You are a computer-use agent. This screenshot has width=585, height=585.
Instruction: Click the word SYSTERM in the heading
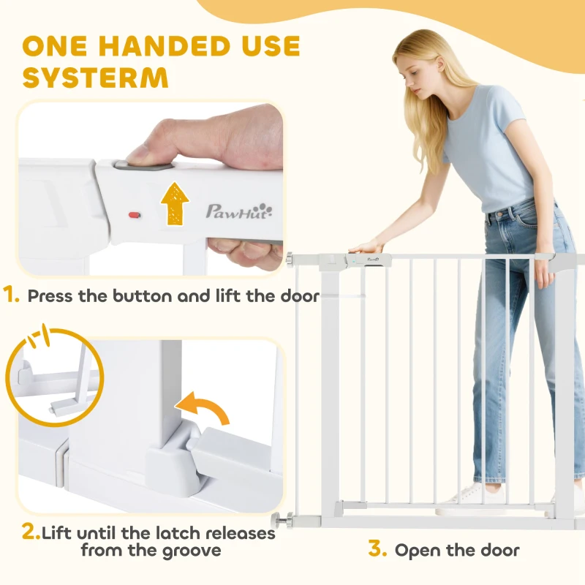96,78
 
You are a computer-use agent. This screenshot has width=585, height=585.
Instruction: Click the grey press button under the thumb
143,165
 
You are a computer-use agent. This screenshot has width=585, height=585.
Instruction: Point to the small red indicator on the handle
135,215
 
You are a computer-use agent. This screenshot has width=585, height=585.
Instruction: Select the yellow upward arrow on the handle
175,204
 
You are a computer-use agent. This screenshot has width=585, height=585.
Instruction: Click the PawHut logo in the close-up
239,211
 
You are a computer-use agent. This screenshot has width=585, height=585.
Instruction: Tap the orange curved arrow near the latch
203,407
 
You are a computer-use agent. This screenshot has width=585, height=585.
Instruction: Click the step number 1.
11,295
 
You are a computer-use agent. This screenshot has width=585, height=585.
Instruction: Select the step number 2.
31,532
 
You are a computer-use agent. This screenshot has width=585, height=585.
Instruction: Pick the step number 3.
377,548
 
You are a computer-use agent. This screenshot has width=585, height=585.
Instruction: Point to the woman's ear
440,64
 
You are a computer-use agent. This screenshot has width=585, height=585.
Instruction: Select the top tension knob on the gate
289,260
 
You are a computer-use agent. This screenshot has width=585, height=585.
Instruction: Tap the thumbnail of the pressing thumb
135,155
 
